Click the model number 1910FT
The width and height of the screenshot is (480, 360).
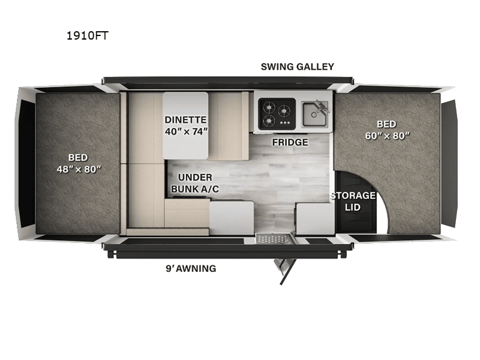pyautogui.click(x=88, y=36)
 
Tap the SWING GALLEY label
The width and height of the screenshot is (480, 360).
pyautogui.click(x=297, y=67)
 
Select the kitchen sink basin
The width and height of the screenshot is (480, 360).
pyautogui.click(x=314, y=114)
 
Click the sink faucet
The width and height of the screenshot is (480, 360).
pyautogui.click(x=322, y=107)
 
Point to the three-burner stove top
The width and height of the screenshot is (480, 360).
pyautogui.click(x=277, y=113)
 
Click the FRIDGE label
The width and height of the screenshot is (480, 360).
pyautogui.click(x=290, y=142)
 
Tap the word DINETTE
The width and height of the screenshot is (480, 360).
pyautogui.click(x=185, y=119)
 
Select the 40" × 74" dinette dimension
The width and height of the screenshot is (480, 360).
pyautogui.click(x=186, y=131)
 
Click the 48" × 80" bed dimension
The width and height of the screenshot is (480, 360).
pyautogui.click(x=79, y=169)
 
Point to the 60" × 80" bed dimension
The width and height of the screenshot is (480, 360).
pyautogui.click(x=387, y=136)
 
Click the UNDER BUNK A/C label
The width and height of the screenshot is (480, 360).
pyautogui.click(x=195, y=183)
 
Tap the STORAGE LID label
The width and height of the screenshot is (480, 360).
pyautogui.click(x=353, y=201)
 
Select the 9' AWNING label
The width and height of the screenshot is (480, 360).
pyautogui.click(x=191, y=268)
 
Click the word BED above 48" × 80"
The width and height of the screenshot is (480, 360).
pyautogui.click(x=78, y=157)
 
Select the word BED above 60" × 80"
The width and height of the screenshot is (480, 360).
pyautogui.click(x=386, y=124)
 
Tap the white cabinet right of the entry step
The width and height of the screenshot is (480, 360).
pyautogui.click(x=314, y=218)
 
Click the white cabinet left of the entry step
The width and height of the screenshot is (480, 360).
pyautogui.click(x=232, y=218)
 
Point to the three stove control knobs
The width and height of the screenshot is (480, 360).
pyautogui.click(x=285, y=123)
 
